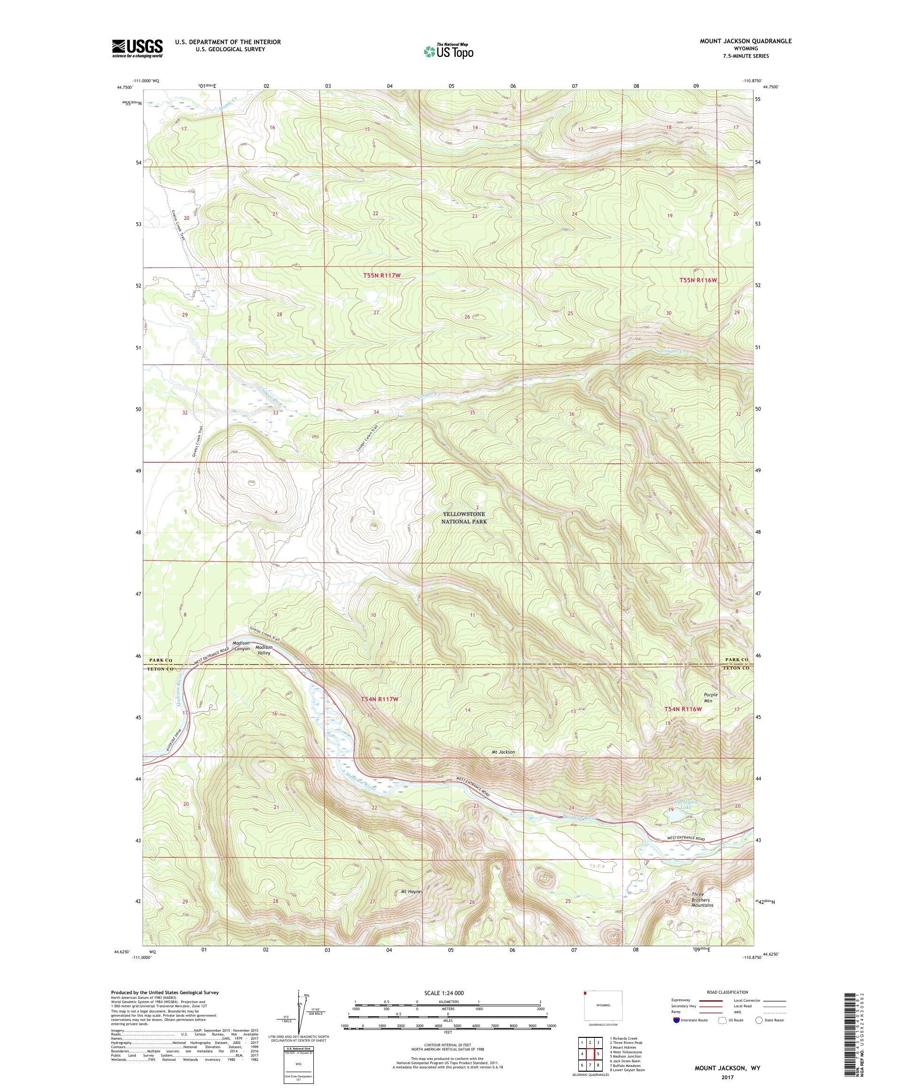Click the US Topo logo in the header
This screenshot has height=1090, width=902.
pos(449,50)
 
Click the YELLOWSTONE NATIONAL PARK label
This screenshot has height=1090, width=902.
pos(464,517)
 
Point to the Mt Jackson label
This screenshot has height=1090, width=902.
pos(503,752)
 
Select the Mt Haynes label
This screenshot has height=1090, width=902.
pos(412,892)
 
